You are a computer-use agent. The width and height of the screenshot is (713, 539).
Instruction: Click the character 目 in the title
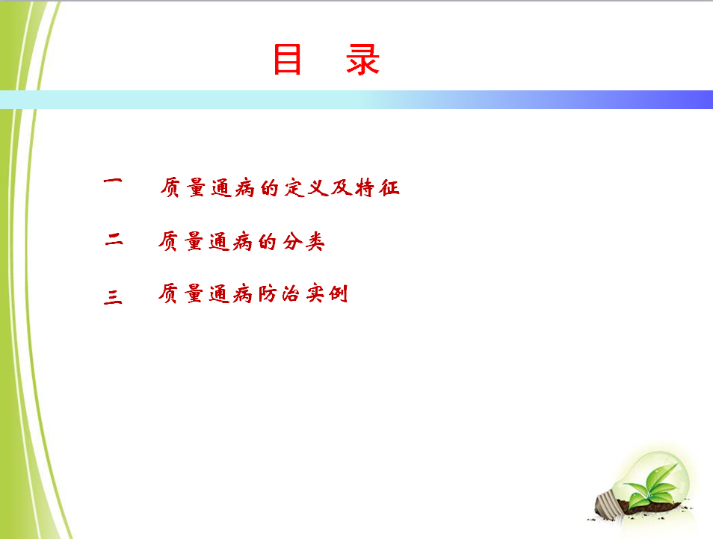click(x=288, y=59)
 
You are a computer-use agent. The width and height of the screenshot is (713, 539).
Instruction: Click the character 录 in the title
click(x=362, y=59)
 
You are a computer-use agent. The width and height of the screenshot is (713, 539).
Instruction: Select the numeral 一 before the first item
click(x=113, y=181)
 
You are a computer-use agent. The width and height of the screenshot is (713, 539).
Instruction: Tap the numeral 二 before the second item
click(x=114, y=239)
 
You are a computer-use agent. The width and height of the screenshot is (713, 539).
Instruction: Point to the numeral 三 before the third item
click(x=113, y=296)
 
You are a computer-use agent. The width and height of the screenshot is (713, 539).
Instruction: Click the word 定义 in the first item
click(x=307, y=187)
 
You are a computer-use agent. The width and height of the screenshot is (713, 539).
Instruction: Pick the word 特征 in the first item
click(x=377, y=187)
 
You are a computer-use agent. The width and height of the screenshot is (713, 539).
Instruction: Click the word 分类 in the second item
click(x=303, y=241)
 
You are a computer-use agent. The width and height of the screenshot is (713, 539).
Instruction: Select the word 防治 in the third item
click(x=279, y=294)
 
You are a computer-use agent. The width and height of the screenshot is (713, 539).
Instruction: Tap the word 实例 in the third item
click(x=327, y=294)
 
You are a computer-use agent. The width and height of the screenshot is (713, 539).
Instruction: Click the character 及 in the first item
click(x=342, y=187)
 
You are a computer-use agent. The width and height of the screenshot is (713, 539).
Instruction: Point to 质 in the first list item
click(x=170, y=187)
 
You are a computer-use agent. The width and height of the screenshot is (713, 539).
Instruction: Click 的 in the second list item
click(x=268, y=241)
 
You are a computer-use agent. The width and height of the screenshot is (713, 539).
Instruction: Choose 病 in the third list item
click(x=243, y=294)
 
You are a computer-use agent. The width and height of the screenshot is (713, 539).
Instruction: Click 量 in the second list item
click(x=194, y=241)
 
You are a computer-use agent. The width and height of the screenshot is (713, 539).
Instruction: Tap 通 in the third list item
click(x=219, y=294)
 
